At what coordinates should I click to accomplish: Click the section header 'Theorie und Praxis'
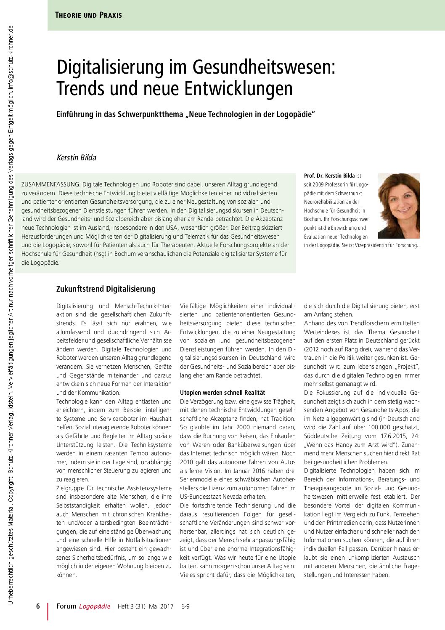pyautogui.click(x=88, y=15)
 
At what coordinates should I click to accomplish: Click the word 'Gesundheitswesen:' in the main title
pyautogui.click(x=264, y=67)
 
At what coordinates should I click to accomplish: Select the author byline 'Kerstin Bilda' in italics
pyautogui.click(x=76, y=157)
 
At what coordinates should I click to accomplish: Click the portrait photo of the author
pyautogui.click(x=399, y=206)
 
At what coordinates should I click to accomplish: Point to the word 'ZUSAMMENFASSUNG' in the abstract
pyautogui.click(x=50, y=184)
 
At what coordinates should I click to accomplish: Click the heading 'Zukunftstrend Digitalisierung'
pyautogui.click(x=106, y=289)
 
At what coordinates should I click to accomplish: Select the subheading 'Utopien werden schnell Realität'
pyautogui.click(x=222, y=393)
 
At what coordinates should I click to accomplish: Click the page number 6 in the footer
pyautogui.click(x=38, y=606)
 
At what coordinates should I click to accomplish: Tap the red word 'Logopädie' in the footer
pyautogui.click(x=95, y=606)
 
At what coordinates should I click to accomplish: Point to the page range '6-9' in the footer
pyautogui.click(x=185, y=606)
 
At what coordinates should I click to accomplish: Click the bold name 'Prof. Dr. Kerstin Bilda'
pyautogui.click(x=329, y=175)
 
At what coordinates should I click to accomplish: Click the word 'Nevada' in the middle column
pyautogui.click(x=232, y=497)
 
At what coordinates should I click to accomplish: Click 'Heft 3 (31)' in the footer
pyautogui.click(x=131, y=606)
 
